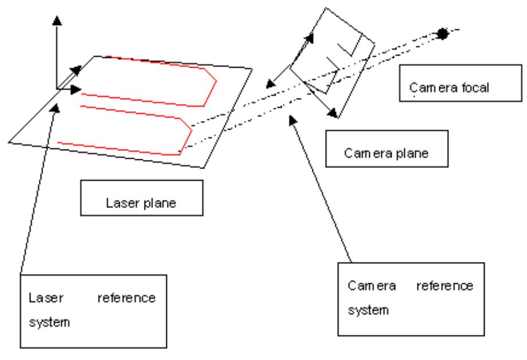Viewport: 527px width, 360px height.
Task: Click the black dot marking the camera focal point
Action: tap(442, 34)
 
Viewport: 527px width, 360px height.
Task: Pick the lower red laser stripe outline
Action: tap(132, 129)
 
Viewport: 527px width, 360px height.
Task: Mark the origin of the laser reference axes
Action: tap(57, 89)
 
